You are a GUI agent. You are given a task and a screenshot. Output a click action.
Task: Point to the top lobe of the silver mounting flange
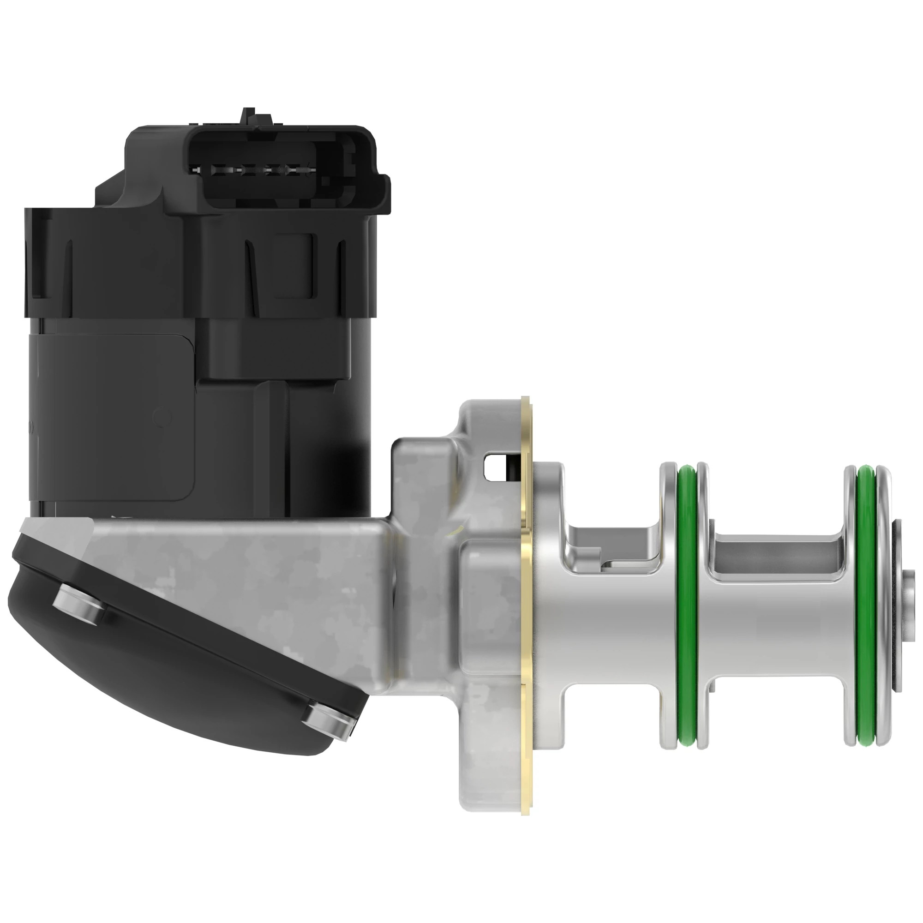click(492, 420)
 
